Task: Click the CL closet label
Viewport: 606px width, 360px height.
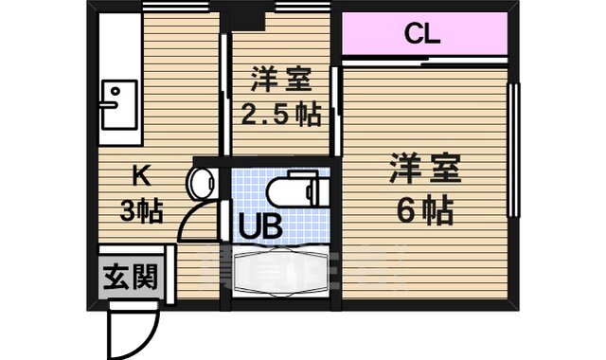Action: pos(421,35)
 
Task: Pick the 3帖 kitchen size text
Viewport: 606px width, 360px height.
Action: pos(141,209)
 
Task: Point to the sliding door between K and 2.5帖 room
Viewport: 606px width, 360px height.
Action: pos(225,95)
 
